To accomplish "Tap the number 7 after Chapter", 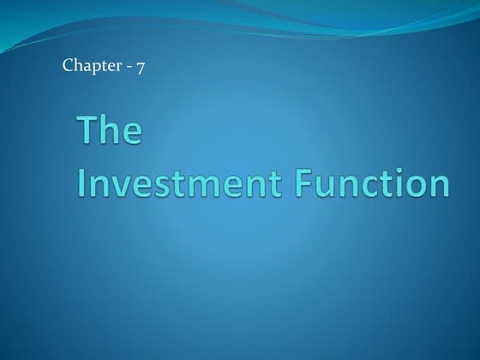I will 139,66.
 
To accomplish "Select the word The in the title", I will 111,133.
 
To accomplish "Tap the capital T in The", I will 88,133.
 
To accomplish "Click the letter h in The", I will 111,133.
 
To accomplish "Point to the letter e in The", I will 132,136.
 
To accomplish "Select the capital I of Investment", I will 83,183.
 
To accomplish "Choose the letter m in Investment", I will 211,187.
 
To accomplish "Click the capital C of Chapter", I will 68,66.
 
